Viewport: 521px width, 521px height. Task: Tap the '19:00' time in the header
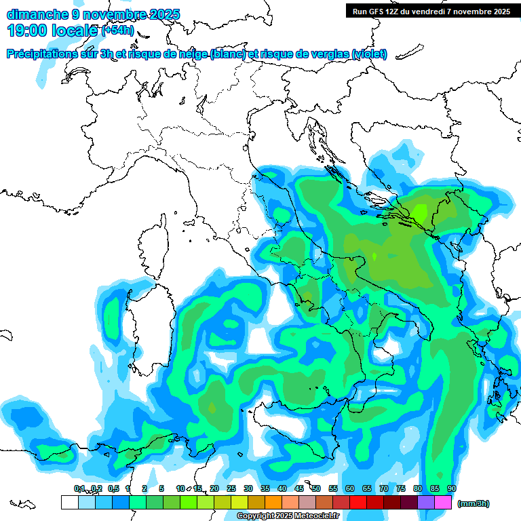[28, 30]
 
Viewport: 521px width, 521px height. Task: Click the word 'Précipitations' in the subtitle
[46, 54]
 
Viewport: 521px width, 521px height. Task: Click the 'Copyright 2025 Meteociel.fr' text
[288, 516]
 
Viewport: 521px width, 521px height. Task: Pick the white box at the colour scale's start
[69, 502]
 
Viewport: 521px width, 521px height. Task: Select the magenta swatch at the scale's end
[443, 502]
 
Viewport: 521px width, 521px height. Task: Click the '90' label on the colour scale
[451, 488]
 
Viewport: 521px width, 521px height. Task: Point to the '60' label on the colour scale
[349, 488]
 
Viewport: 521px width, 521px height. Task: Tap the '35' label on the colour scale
[265, 488]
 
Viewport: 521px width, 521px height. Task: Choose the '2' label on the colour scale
[144, 488]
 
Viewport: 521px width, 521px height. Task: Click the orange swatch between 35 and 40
[273, 502]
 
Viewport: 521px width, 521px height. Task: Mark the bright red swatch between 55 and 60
[341, 502]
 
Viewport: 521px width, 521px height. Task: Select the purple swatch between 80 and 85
[426, 502]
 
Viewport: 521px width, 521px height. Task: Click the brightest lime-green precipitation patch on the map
[418, 213]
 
